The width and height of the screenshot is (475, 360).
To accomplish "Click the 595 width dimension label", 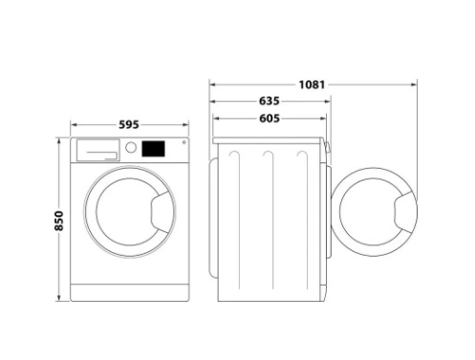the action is click(129, 124).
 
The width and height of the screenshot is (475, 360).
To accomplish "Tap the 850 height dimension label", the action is click(59, 221).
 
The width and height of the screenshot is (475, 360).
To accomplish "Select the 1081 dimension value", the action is click(312, 85).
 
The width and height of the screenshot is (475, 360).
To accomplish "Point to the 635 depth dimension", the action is click(270, 101).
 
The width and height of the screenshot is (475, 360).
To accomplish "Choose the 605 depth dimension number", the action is click(270, 118).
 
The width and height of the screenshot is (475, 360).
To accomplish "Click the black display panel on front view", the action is click(153, 149).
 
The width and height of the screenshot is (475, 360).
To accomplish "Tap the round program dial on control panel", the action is click(131, 147).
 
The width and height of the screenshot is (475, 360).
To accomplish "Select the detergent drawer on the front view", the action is click(97, 150).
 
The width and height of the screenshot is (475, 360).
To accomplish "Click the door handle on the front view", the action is click(162, 212).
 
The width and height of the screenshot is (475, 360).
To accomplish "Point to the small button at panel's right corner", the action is click(184, 142).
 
